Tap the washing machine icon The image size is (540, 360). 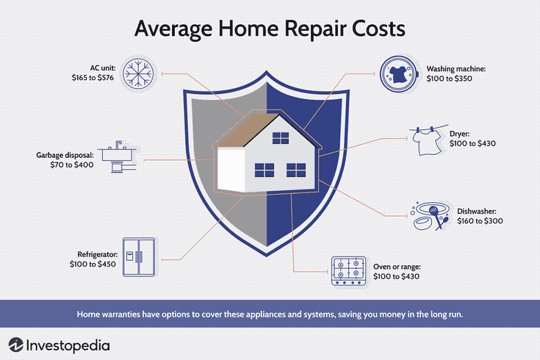click(400, 73)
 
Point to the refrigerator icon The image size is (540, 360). click(139, 257)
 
